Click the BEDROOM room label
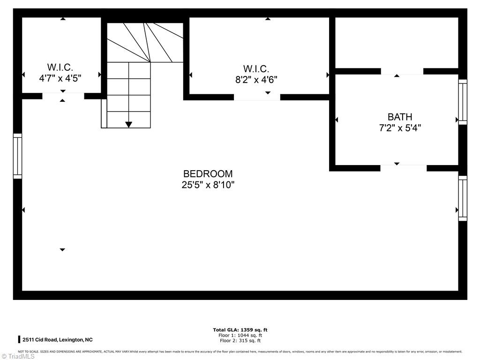pyautogui.click(x=208, y=174)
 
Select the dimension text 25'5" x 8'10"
pyautogui.click(x=208, y=185)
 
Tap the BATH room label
pyautogui.click(x=400, y=117)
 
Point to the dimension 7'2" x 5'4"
pyautogui.click(x=400, y=127)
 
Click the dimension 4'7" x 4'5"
pyautogui.click(x=60, y=78)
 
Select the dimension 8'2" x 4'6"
pyautogui.click(x=256, y=80)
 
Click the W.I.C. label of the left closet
pyautogui.click(x=60, y=67)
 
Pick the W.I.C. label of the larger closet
pyautogui.click(x=256, y=69)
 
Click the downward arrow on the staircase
pyautogui.click(x=128, y=124)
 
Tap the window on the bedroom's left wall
pyautogui.click(x=17, y=156)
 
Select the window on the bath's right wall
pyautogui.click(x=463, y=102)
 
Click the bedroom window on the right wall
pyautogui.click(x=463, y=198)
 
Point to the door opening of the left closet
pyautogui.click(x=63, y=96)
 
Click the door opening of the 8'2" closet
pyautogui.click(x=257, y=97)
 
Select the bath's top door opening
pyautogui.click(x=402, y=71)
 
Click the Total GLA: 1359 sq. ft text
pyautogui.click(x=240, y=330)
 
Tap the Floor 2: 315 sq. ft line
pyautogui.click(x=240, y=341)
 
